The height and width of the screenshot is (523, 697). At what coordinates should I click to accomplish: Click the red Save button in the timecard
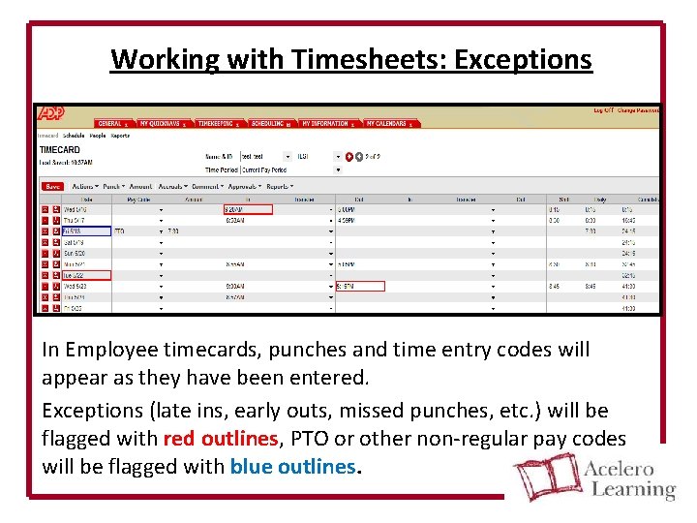[x=52, y=186]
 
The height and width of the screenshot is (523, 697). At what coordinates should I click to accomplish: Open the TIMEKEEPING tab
[x=216, y=124]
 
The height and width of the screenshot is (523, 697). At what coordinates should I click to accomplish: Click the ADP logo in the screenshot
[x=50, y=113]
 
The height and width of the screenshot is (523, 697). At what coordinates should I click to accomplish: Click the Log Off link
[x=603, y=110]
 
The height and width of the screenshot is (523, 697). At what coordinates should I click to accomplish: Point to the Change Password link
[x=639, y=110]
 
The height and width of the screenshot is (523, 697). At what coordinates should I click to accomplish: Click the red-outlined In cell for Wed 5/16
[x=248, y=209]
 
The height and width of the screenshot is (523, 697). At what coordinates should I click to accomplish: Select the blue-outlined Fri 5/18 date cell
[x=85, y=231]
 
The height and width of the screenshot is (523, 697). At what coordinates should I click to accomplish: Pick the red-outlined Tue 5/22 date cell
[x=85, y=275]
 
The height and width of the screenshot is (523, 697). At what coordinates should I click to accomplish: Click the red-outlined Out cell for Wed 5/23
[x=360, y=286]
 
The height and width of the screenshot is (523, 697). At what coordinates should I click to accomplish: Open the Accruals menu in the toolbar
[x=172, y=186]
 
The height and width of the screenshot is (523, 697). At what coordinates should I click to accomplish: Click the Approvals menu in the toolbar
[x=243, y=186]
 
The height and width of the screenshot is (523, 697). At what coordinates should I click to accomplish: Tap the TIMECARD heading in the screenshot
[x=60, y=150]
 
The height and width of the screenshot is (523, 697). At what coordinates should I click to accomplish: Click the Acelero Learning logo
[x=594, y=477]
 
